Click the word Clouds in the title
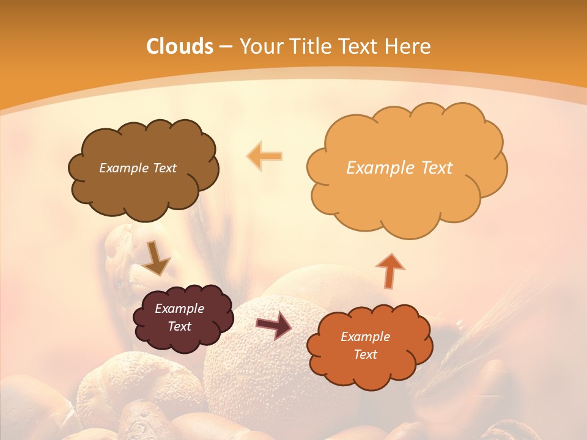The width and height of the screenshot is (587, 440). tap(179, 46)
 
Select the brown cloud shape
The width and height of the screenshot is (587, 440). tap(143, 189)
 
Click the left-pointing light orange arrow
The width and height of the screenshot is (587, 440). tap(264, 156)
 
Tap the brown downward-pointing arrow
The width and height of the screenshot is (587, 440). tap(157, 258)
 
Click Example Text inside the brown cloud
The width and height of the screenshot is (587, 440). tap(138, 168)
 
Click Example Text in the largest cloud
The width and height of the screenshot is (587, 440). tap(399, 168)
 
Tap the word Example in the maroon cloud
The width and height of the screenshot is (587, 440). tap(179, 309)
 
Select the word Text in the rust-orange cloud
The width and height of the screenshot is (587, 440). tap(365, 354)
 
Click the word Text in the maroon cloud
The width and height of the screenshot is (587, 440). tap(179, 326)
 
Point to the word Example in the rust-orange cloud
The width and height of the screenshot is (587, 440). tap(365, 337)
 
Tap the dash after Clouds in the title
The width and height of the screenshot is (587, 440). tap(225, 47)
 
